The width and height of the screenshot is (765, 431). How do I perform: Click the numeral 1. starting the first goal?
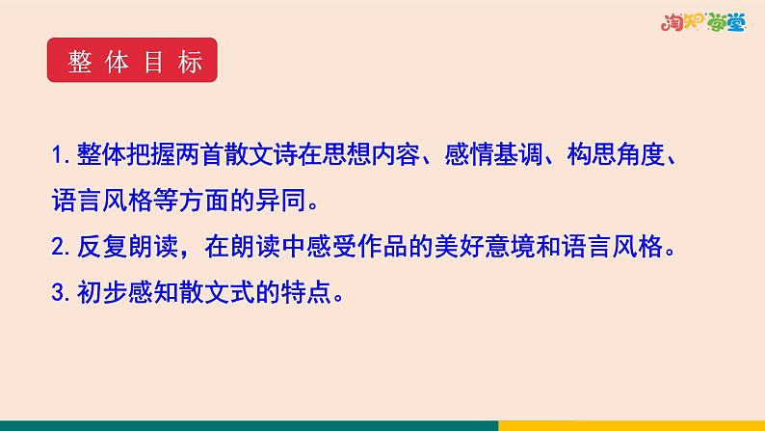[62, 153]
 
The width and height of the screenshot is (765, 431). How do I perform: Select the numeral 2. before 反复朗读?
[63, 248]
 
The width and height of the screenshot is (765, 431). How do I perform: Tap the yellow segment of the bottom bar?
[631, 425]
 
